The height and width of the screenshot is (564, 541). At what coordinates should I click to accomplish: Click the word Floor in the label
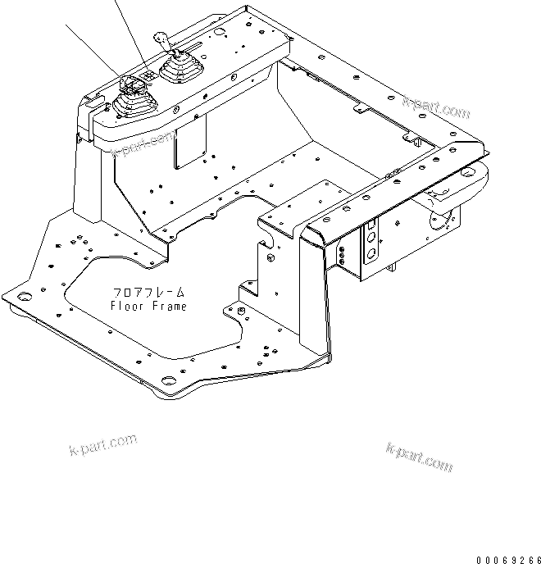pyautogui.click(x=126, y=307)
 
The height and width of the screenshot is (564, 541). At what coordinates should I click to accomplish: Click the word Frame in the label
pyautogui.click(x=168, y=307)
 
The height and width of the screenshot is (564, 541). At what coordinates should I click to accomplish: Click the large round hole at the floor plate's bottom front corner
pyautogui.click(x=169, y=379)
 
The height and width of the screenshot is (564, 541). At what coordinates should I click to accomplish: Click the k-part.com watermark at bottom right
pyautogui.click(x=419, y=457)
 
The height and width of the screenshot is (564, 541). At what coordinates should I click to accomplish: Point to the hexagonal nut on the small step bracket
pyautogui.click(x=241, y=310)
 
